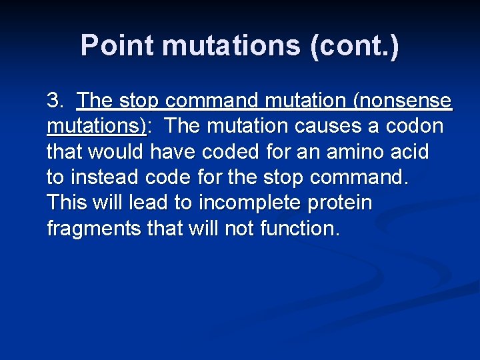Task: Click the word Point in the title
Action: click(x=117, y=46)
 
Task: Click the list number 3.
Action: click(x=55, y=101)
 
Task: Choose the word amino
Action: click(x=359, y=152)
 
